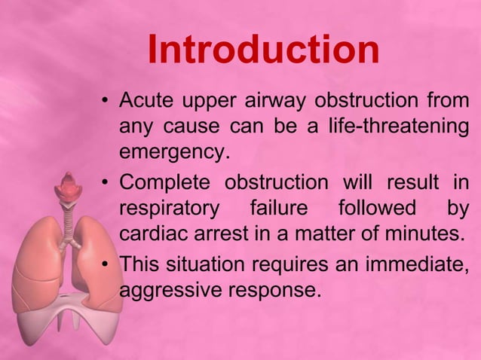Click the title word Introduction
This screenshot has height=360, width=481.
click(x=263, y=50)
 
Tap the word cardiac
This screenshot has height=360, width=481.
click(x=150, y=234)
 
